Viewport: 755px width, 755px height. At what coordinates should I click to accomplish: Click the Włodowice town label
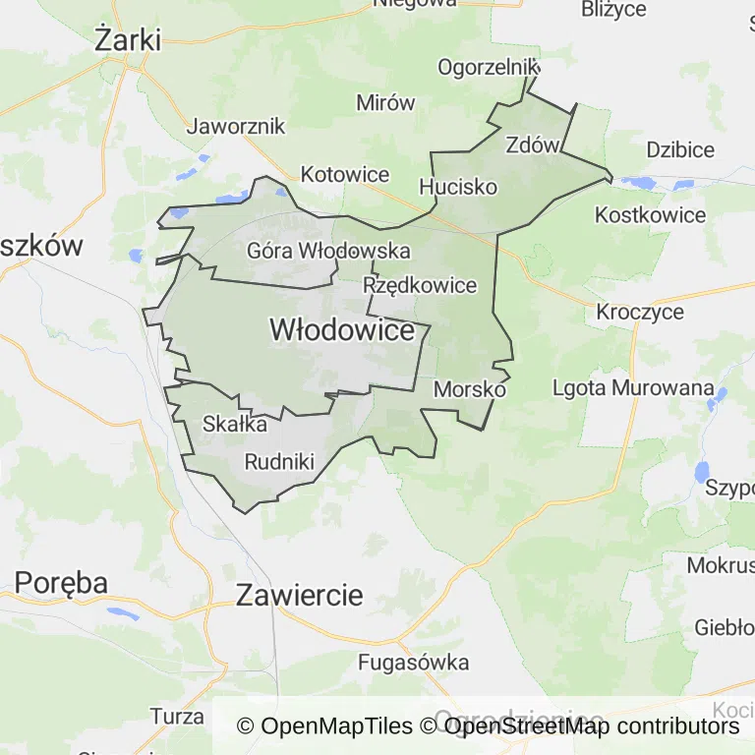341,331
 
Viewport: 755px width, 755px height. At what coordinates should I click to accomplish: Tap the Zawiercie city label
299,595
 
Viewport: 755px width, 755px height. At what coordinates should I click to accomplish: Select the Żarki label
127,40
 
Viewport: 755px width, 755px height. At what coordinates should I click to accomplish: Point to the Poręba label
60,582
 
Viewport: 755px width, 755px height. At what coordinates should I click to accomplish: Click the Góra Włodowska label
328,251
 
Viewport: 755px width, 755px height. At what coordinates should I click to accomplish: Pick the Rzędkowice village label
420,286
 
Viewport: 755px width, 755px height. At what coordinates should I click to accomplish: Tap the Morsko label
469,389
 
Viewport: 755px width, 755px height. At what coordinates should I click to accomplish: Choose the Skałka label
234,425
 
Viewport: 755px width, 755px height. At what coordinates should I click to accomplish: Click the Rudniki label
278,461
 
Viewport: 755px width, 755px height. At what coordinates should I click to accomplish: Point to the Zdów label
532,145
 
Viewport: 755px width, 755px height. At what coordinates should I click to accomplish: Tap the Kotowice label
345,175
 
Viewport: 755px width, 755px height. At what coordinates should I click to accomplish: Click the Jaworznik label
236,126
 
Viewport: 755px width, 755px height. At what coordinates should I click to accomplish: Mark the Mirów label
385,102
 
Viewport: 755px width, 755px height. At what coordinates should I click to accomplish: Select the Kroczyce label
640,312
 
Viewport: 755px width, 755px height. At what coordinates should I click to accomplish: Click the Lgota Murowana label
632,387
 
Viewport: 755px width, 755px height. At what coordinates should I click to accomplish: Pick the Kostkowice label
651,215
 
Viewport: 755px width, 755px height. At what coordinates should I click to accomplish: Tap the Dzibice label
680,150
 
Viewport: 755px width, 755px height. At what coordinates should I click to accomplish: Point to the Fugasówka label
413,663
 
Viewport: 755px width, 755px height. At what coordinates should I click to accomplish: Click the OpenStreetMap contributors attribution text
591,726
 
